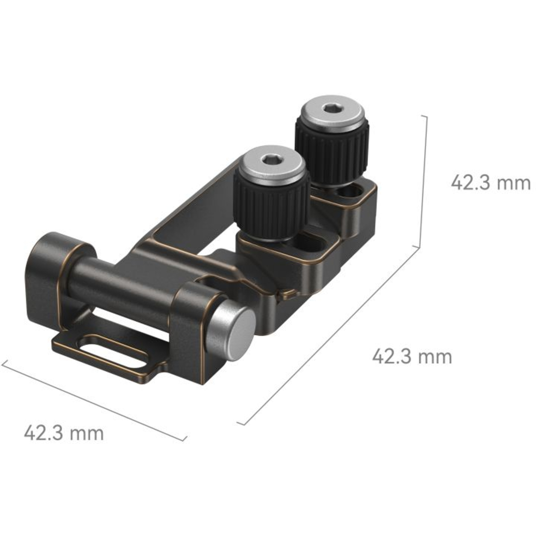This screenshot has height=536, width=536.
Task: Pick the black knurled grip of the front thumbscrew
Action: (270, 207)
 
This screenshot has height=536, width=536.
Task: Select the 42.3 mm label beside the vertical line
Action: (490, 183)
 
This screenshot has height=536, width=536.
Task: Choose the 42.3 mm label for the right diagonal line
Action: (412, 357)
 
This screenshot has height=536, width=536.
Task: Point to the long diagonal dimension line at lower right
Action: (329, 336)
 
